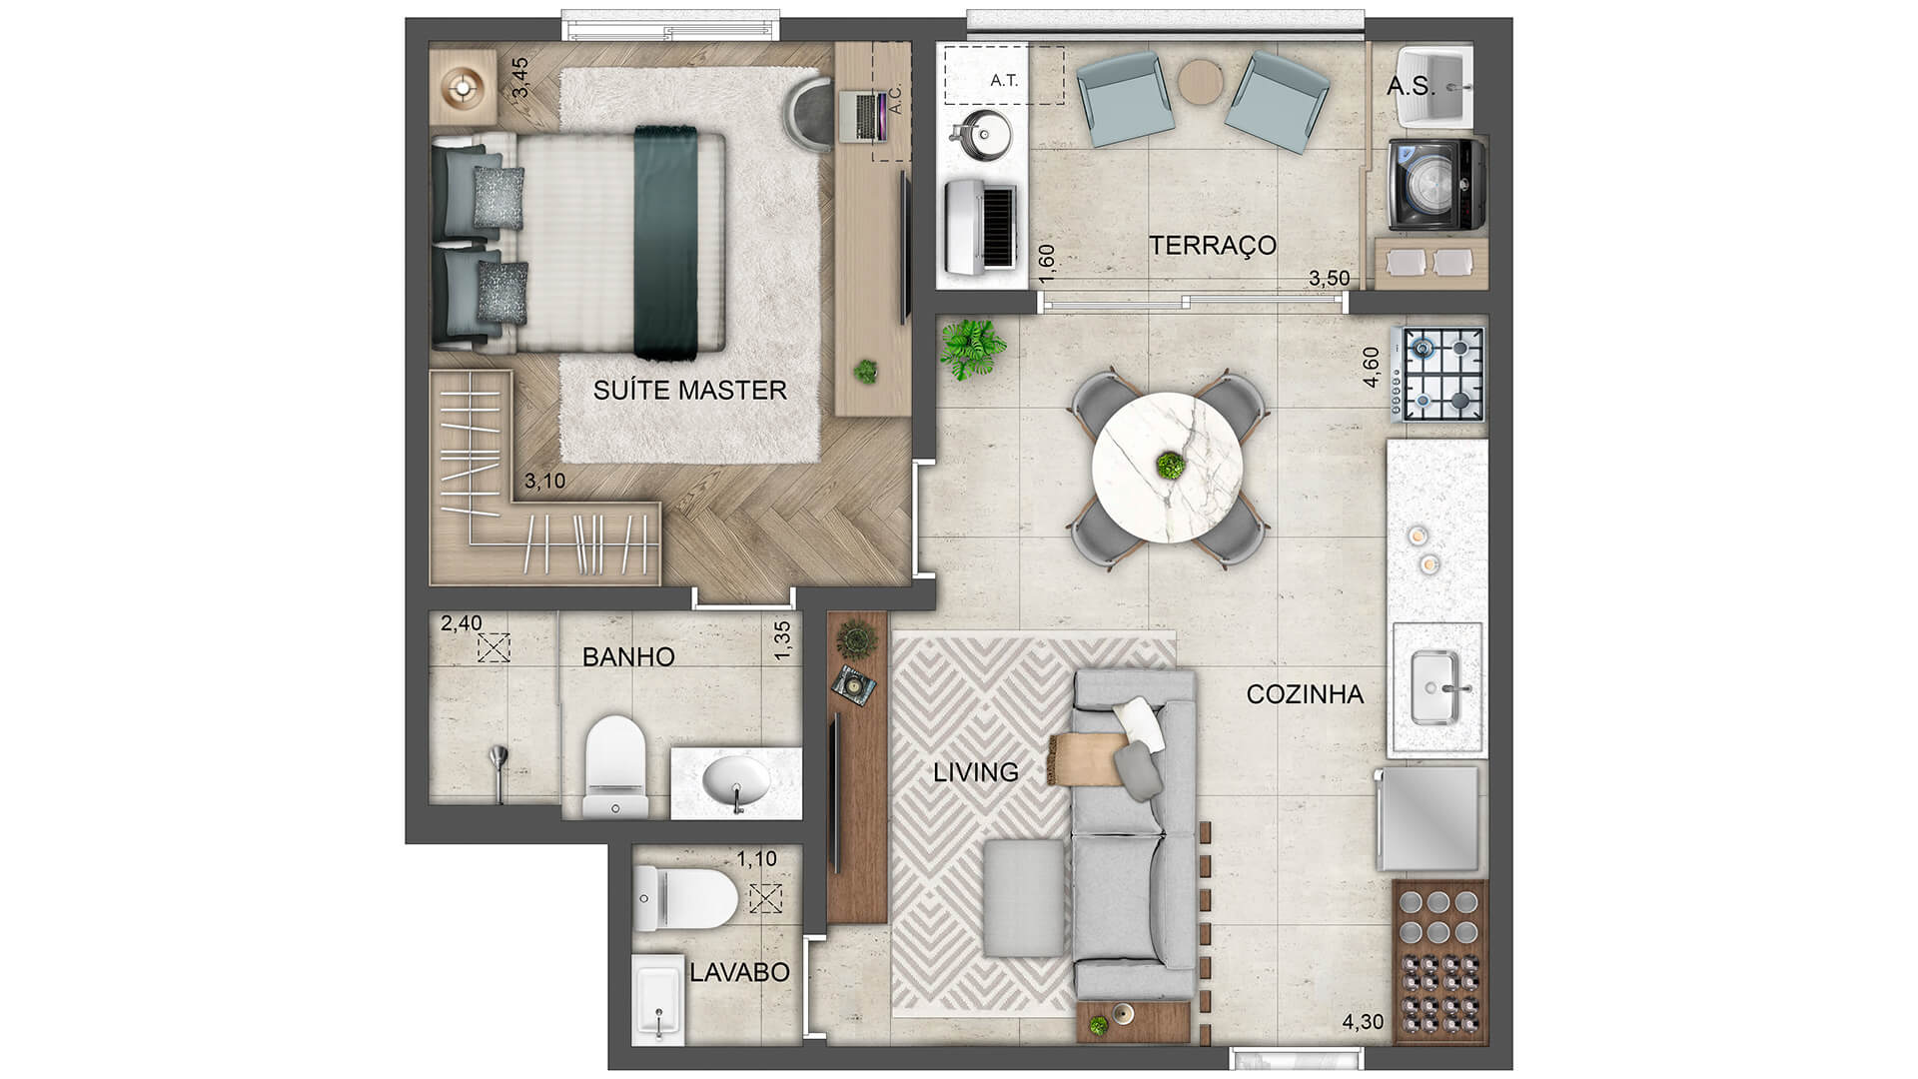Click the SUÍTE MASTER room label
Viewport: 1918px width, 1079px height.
coord(689,390)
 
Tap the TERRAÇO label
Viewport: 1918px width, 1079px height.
coord(1212,245)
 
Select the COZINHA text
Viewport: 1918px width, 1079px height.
coord(1305,694)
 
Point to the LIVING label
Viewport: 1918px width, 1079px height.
coord(976,772)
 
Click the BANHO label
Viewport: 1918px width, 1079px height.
coord(628,656)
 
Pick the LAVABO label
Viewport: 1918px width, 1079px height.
coord(739,972)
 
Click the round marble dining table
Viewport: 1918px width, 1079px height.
coord(1168,467)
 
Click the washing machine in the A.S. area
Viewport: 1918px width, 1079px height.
coord(1436,184)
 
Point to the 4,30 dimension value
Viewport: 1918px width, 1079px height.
coord(1363,1022)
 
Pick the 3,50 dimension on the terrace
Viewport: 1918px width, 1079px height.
coord(1330,279)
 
